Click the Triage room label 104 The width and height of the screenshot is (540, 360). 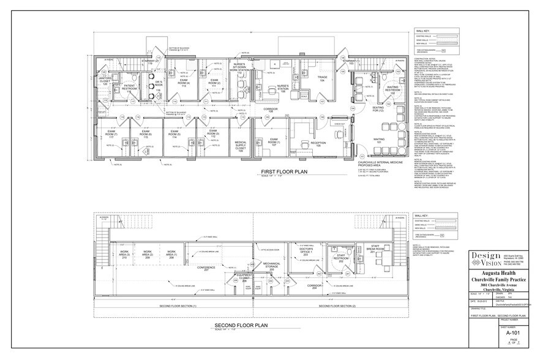[321, 79]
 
